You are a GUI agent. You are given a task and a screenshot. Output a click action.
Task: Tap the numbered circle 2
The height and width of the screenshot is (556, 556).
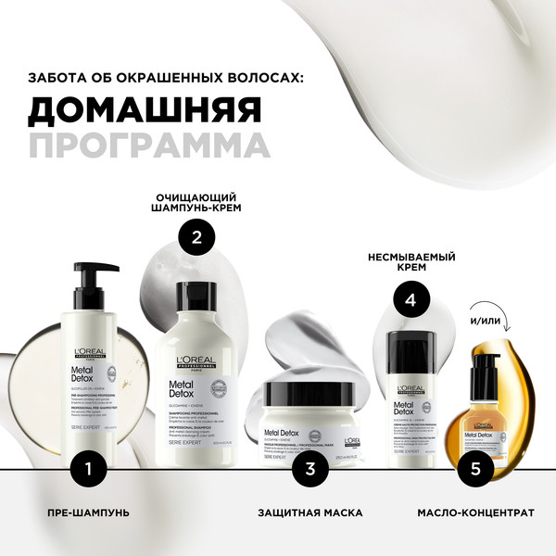click(x=196, y=237)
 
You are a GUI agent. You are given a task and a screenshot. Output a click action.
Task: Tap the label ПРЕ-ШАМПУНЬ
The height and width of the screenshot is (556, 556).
click(x=88, y=512)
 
